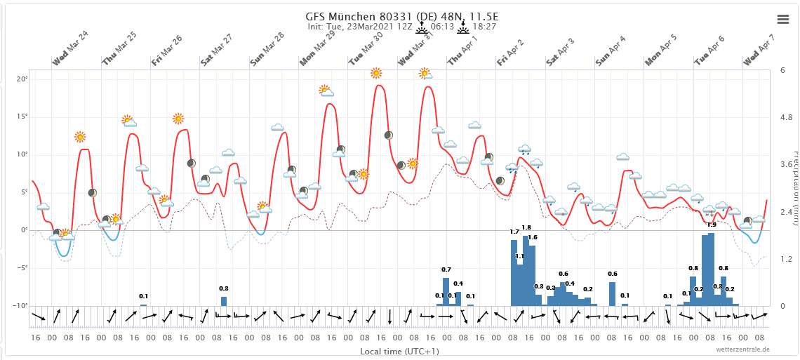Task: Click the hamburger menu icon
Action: pos(783,19)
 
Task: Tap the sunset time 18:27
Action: pos(484,27)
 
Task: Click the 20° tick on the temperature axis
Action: pos(22,79)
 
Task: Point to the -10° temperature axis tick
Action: pos(21,306)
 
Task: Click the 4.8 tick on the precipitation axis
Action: pos(787,117)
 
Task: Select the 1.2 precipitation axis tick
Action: pos(787,259)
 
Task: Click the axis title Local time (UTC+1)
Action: pos(399,351)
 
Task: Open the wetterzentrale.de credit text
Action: pos(743,349)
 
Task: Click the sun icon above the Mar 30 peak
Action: pos(376,73)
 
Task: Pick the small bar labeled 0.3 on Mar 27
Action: pos(224,301)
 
